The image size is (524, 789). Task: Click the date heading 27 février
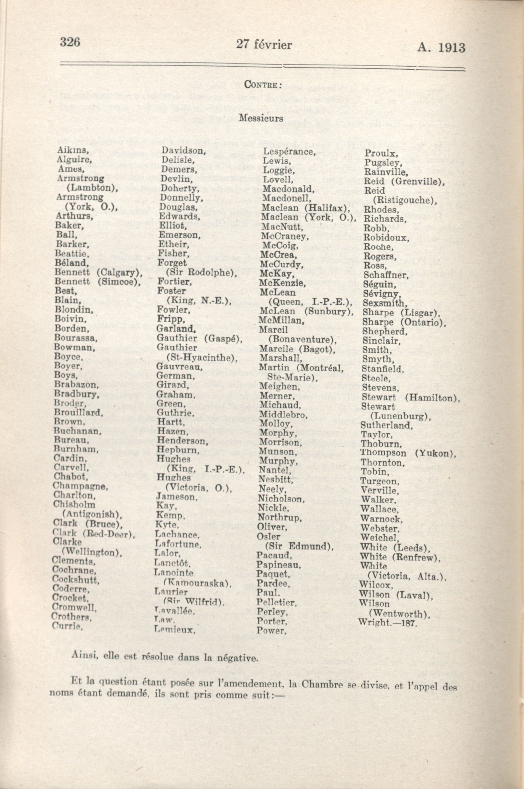tap(264, 45)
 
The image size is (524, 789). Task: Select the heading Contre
tap(262, 85)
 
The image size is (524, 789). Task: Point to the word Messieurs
tap(261, 118)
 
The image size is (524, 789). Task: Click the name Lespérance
tap(289, 152)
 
